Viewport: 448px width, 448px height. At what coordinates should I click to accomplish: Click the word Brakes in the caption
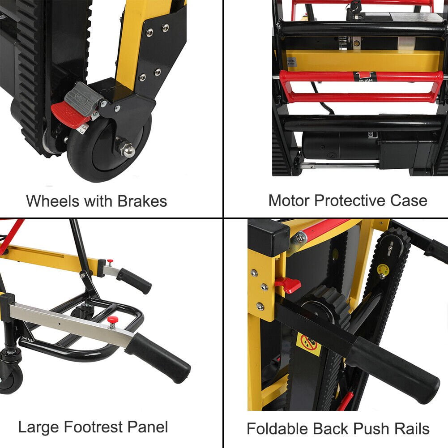(142, 201)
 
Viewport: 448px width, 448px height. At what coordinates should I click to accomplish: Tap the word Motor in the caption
(289, 201)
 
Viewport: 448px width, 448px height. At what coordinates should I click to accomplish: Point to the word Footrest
(93, 427)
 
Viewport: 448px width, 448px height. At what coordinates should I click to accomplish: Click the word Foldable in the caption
(277, 428)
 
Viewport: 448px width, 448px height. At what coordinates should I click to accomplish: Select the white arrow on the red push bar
(365, 76)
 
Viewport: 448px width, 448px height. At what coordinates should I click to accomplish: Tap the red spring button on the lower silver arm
(113, 322)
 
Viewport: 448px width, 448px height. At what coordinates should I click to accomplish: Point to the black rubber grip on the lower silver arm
(158, 358)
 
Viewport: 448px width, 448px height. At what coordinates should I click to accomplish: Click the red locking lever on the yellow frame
(288, 285)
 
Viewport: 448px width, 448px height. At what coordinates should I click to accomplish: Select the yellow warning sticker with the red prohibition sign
(309, 344)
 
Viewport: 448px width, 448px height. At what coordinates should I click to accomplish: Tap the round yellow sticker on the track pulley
(383, 270)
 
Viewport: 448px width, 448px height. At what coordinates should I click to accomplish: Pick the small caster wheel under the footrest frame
(11, 374)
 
